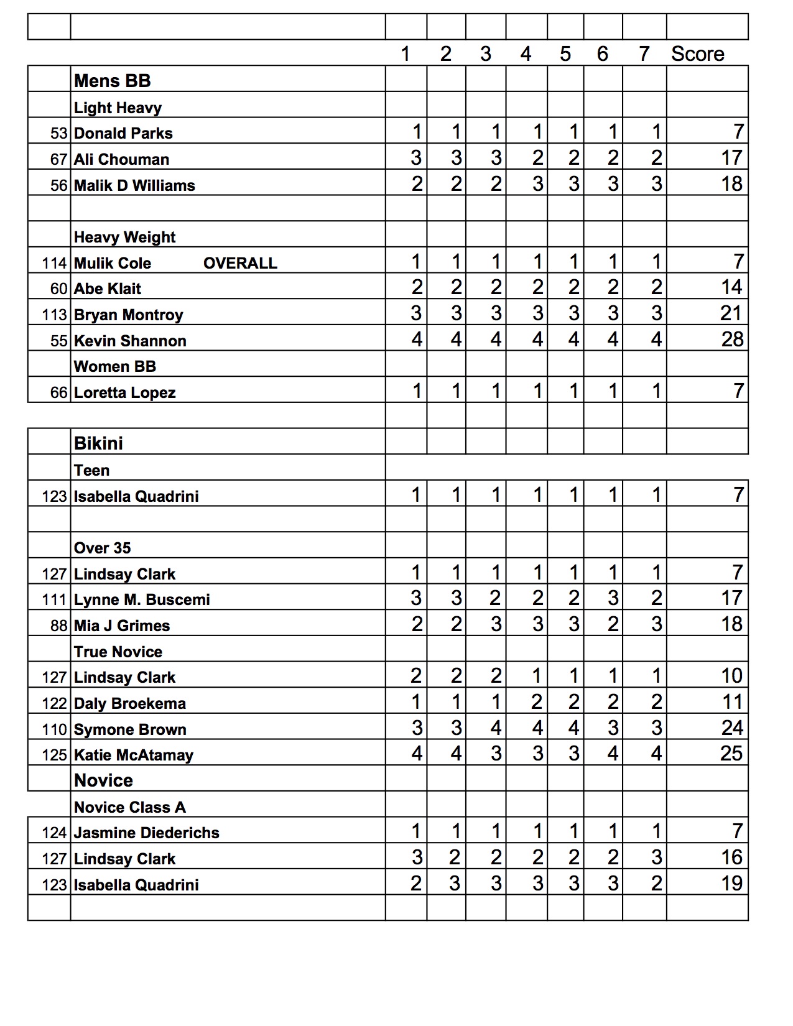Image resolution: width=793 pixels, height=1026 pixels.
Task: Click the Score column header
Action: [x=697, y=54]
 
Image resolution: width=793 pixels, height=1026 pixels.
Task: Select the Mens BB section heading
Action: [x=112, y=81]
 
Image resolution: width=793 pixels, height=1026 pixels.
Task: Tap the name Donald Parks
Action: [x=123, y=133]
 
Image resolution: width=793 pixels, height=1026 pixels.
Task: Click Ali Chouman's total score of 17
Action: [x=731, y=158]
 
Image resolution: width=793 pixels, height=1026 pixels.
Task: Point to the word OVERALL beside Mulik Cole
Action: [x=240, y=263]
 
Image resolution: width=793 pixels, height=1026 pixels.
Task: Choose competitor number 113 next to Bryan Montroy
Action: [x=54, y=315]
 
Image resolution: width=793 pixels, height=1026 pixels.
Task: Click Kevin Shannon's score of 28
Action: [x=732, y=340]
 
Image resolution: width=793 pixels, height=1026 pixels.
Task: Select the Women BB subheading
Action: [x=114, y=366]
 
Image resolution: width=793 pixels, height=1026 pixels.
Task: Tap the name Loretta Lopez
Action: [x=124, y=392]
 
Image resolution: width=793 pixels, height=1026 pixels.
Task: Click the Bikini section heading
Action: [x=98, y=443]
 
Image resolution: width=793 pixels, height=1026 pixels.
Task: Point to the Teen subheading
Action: [x=91, y=470]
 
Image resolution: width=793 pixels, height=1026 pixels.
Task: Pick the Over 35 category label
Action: [x=102, y=548]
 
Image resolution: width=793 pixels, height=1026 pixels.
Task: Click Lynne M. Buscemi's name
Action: [x=142, y=599]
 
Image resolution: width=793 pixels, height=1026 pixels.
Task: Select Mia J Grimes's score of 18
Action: [x=731, y=624]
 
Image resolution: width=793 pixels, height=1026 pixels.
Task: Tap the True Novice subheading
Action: [x=118, y=652]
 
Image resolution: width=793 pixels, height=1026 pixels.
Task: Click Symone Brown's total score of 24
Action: [x=731, y=728]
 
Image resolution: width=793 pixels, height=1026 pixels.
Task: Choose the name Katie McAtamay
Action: [x=133, y=755]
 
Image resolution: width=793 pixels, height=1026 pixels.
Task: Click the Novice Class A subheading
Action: [x=129, y=807]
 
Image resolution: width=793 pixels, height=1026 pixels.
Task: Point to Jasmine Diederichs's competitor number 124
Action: [x=54, y=833]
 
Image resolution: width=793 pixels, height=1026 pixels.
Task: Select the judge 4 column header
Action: [x=526, y=54]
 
